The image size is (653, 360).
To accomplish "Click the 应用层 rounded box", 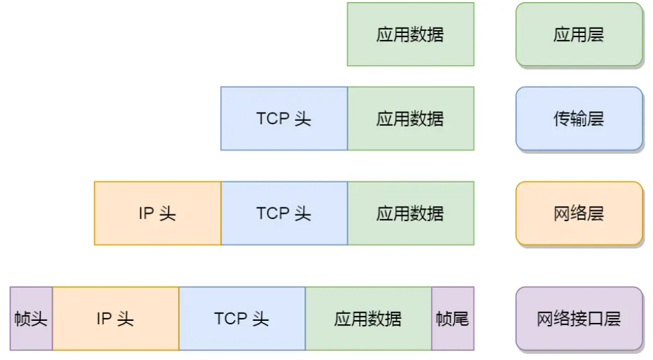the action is coord(579,34).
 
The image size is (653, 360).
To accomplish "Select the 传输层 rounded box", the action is coord(579,119).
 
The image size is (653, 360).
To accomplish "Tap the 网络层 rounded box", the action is coord(579,213).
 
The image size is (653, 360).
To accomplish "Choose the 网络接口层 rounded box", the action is coord(579,318).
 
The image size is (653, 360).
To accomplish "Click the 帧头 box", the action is coord(31,318).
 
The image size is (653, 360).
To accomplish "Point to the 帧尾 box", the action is coord(453,318).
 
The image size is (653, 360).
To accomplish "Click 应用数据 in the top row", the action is coord(410,34).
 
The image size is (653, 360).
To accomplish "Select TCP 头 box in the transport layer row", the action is coord(284,119).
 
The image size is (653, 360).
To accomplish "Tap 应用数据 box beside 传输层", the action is coord(410,119).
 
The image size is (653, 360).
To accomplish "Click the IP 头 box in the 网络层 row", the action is coord(158,213).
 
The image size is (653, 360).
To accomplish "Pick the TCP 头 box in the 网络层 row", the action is coord(284,213).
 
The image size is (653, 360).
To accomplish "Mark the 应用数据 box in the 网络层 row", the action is coord(410,213).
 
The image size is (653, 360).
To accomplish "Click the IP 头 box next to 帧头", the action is coord(115,318).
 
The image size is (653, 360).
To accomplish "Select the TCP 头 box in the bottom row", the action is coord(242,318).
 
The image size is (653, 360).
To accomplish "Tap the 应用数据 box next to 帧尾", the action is coord(368,318).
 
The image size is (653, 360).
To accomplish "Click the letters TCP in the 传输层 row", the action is coord(273,119).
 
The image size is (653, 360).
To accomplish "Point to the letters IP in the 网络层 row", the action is coord(146,213).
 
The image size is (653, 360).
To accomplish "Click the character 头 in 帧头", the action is coord(38,319).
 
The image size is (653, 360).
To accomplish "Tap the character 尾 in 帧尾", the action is coord(461,319).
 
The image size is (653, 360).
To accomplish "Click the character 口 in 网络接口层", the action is coord(595,319).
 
